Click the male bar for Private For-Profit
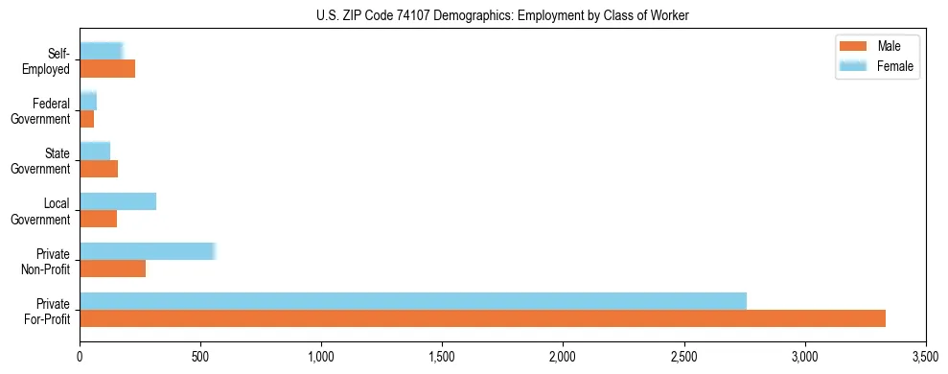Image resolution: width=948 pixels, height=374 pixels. pyautogui.click(x=482, y=318)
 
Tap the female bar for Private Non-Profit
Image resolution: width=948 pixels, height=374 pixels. pyautogui.click(x=148, y=251)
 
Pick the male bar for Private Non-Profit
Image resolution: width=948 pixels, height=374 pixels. pyautogui.click(x=113, y=269)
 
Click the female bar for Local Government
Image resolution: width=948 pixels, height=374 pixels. pyautogui.click(x=118, y=201)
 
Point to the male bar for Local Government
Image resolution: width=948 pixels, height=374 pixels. pyautogui.click(x=99, y=219)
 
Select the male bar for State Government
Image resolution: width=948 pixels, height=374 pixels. pyautogui.click(x=99, y=169)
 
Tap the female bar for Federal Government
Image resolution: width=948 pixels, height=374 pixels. pyautogui.click(x=88, y=101)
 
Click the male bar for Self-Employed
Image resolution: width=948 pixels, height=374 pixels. pyautogui.click(x=107, y=69)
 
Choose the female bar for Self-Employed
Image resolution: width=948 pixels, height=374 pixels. pyautogui.click(x=102, y=51)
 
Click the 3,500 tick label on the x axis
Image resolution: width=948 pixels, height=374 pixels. pyautogui.click(x=925, y=357)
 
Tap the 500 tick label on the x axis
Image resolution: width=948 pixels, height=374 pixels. pyautogui.click(x=200, y=357)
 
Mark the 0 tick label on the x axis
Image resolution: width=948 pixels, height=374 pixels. pyautogui.click(x=80, y=357)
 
